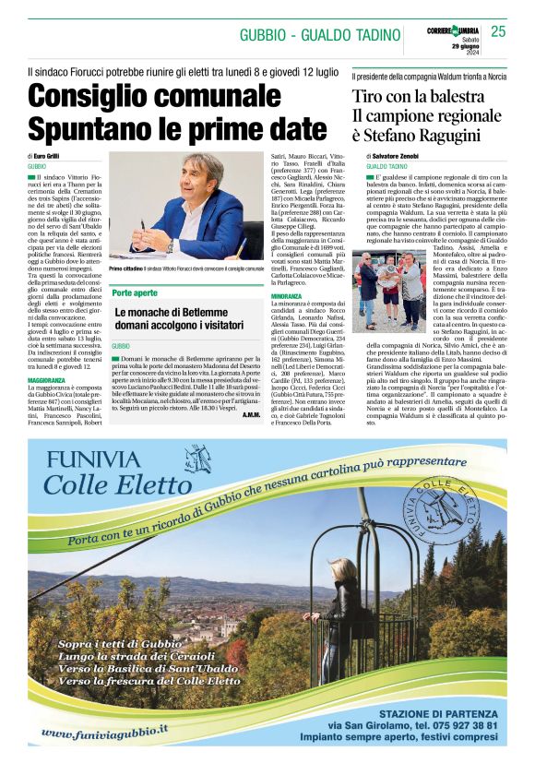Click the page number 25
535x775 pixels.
pyautogui.click(x=498, y=32)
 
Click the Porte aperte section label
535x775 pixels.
pyautogui.click(x=135, y=292)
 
